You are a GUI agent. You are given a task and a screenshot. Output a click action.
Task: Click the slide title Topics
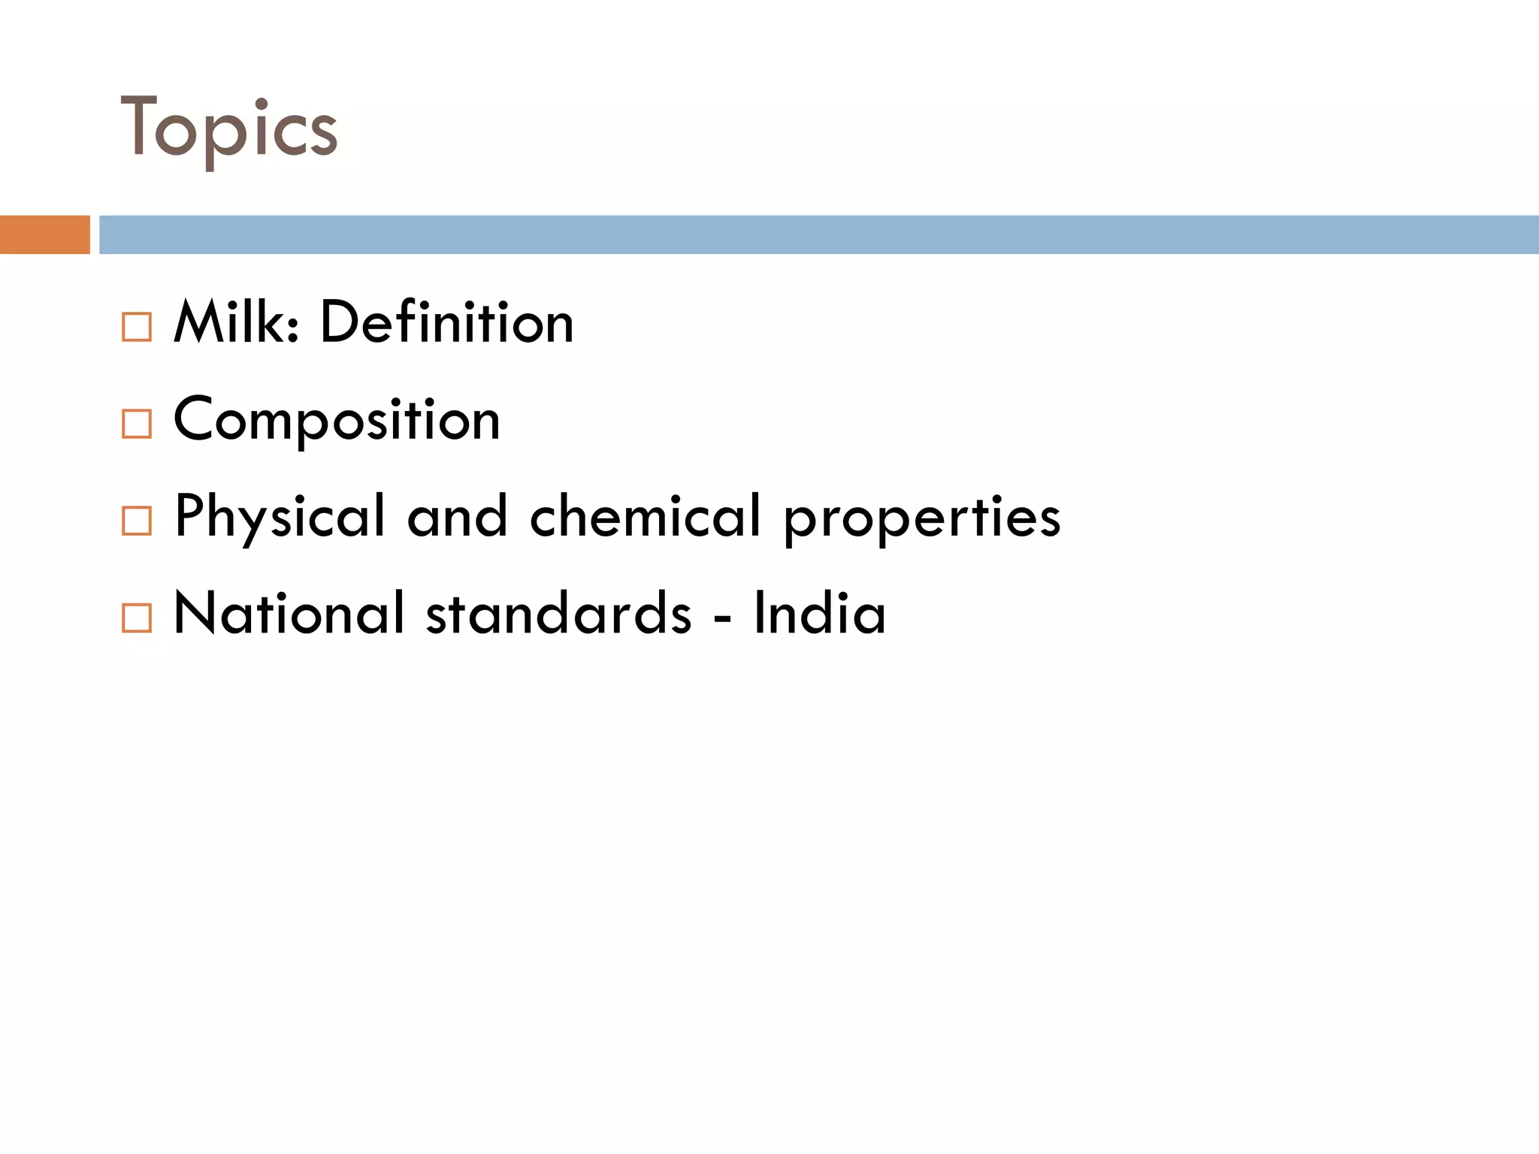[229, 129]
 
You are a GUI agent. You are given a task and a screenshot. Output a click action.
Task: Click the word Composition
[337, 420]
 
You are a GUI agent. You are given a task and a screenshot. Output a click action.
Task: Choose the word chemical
[646, 517]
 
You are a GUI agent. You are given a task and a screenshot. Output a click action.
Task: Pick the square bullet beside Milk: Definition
[137, 328]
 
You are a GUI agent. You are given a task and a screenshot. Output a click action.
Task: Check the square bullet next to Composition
[137, 424]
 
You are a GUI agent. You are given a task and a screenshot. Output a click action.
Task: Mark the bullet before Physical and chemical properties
[137, 521]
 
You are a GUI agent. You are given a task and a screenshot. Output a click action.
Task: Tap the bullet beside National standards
[137, 618]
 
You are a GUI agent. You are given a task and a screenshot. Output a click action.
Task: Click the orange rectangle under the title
[44, 234]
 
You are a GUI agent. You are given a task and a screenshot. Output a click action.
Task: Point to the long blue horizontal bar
[818, 234]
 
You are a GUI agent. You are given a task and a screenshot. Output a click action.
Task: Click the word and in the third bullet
[457, 517]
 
